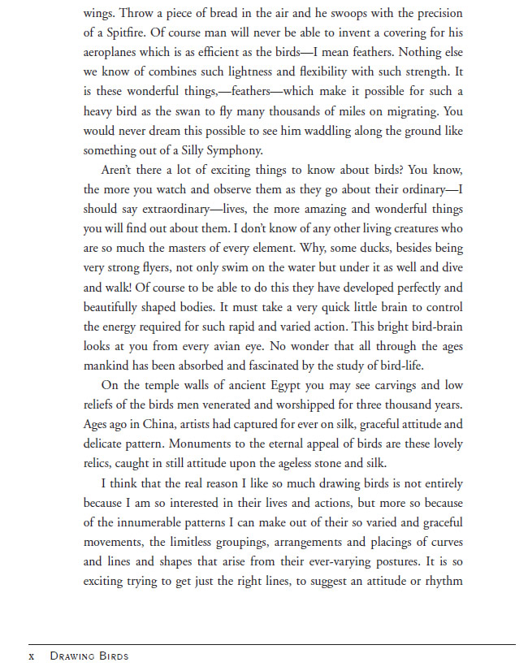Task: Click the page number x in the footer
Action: pyautogui.click(x=31, y=655)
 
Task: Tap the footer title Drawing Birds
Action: pyautogui.click(x=89, y=655)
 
